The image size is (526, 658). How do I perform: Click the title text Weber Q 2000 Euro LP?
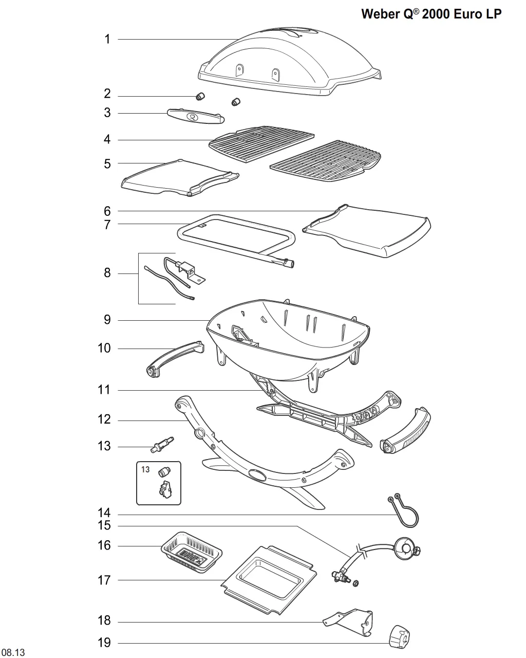click(x=431, y=14)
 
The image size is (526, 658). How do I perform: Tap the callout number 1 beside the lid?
click(x=107, y=39)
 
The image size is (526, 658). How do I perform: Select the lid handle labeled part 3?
click(x=196, y=116)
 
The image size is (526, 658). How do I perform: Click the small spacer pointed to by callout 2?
click(x=200, y=96)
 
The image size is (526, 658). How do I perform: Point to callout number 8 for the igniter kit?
click(x=107, y=272)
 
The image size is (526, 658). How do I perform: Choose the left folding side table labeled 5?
click(x=180, y=178)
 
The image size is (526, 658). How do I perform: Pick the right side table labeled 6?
click(x=367, y=231)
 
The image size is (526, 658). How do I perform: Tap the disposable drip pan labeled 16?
click(x=192, y=552)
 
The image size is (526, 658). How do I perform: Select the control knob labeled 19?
click(x=400, y=637)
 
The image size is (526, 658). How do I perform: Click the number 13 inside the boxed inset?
click(x=145, y=469)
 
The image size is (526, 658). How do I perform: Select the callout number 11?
click(x=104, y=390)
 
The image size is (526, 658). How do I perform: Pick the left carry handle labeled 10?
click(x=175, y=359)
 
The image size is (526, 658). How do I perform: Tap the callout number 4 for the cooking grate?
click(x=107, y=139)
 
